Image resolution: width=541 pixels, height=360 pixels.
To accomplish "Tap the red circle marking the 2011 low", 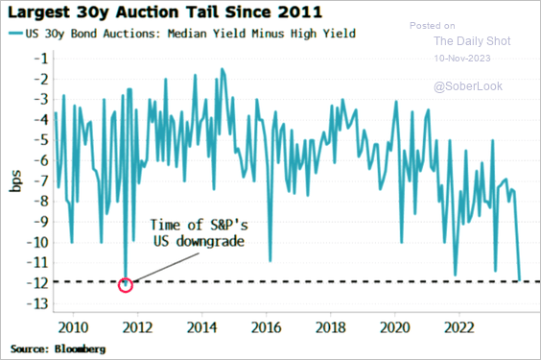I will click(126, 283).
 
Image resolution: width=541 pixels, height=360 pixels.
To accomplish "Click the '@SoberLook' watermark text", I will click(468, 86).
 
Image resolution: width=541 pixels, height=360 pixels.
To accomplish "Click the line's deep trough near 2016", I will click(270, 260).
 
